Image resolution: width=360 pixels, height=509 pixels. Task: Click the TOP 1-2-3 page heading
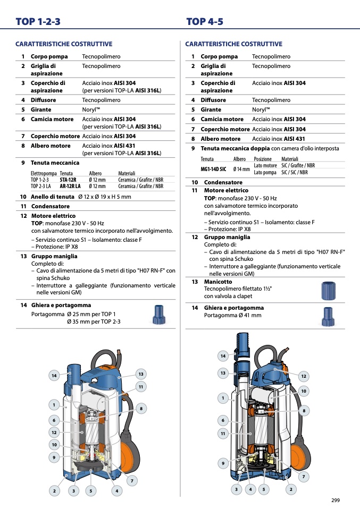pos(38,21)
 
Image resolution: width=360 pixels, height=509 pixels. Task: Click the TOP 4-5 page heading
pos(205,21)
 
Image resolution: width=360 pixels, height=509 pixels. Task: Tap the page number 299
pos(336,500)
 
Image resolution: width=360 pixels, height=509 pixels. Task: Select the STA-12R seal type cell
pos(68,180)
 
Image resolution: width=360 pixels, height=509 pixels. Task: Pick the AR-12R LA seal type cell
pos(70,186)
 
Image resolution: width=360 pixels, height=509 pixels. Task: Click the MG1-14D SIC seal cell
pos(213,169)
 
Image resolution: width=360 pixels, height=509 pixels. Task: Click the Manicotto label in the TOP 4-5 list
pos(218,282)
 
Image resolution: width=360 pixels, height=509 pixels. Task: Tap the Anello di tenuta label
pos(52,197)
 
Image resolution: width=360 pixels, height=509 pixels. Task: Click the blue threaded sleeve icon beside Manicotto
pos(328,291)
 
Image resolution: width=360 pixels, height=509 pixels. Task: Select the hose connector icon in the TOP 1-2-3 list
pos(159,315)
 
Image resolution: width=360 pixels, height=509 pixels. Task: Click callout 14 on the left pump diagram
pos(54,376)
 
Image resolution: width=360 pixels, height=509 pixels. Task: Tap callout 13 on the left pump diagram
pos(141,374)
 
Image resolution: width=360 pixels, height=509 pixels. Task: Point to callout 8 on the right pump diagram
pos(304,411)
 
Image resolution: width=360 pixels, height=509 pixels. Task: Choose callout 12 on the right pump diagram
pos(304,376)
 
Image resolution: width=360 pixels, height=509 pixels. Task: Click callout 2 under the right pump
pos(291,489)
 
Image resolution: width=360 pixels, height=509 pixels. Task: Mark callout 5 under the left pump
pos(90,491)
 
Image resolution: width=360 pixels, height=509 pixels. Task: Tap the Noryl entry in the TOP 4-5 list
pos(261,110)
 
